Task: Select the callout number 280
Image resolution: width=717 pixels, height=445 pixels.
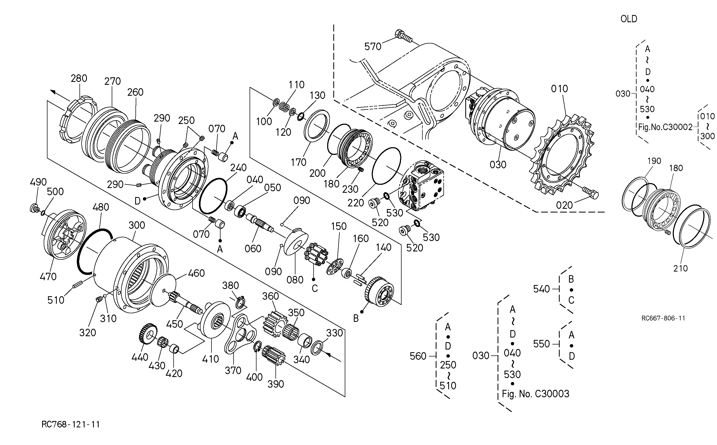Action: click(x=79, y=78)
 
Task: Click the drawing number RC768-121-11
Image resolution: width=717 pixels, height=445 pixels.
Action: click(x=71, y=424)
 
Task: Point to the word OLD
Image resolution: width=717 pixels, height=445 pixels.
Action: click(x=629, y=19)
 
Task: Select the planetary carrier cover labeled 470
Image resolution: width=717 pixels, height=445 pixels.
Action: click(x=64, y=234)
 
